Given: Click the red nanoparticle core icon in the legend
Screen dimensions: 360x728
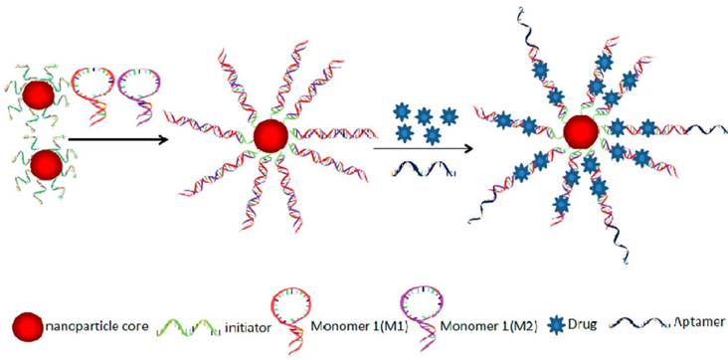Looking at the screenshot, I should pos(26,324).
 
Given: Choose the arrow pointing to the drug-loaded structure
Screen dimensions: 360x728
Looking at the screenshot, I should pos(428,150).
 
